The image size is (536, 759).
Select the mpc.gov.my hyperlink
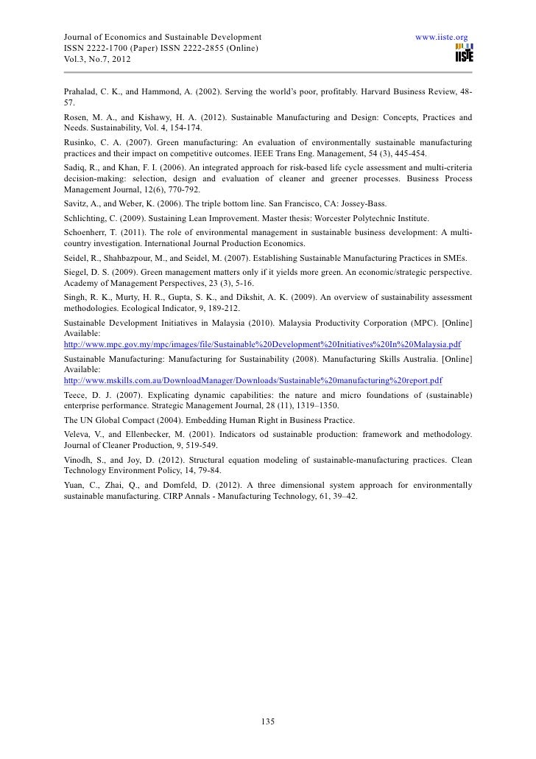click(x=257, y=344)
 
